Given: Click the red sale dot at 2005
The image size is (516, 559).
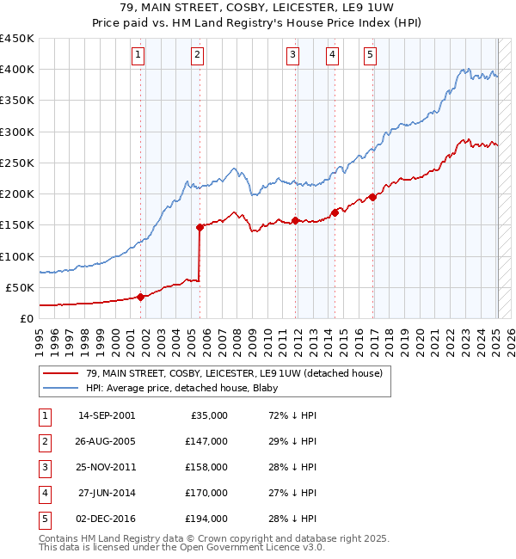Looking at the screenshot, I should tap(200, 227).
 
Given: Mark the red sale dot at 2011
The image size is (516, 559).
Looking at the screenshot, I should tap(295, 220).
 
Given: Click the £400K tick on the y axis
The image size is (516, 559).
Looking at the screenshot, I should tap(17, 70).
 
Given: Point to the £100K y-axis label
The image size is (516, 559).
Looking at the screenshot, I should tap(17, 256).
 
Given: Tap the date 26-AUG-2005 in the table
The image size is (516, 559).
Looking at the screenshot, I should tap(107, 441).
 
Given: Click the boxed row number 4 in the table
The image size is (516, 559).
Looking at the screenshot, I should tap(44, 493).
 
